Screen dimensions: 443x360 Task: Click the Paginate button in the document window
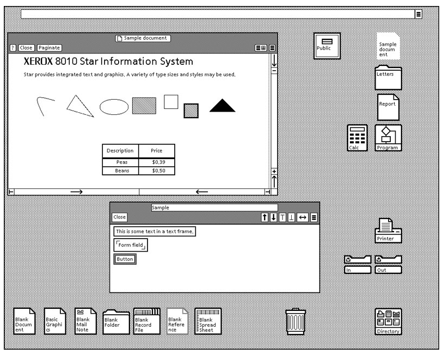(49, 48)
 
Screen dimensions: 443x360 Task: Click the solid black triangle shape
(223, 106)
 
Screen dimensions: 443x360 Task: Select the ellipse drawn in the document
(114, 107)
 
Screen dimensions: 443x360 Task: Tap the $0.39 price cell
(157, 162)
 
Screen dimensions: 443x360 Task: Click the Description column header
(120, 151)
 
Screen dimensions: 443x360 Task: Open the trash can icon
(296, 322)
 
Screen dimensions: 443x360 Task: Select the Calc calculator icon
(357, 138)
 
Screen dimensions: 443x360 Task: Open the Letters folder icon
(388, 78)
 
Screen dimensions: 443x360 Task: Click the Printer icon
(388, 230)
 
